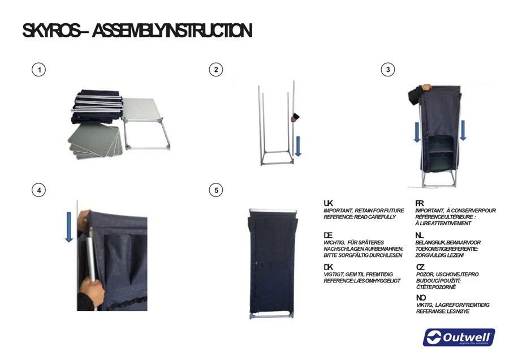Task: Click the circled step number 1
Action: pos(38,70)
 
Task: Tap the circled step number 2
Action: pos(216,70)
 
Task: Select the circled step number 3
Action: pos(388,70)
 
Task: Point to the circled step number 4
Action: pos(38,190)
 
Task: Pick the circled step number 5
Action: pos(216,190)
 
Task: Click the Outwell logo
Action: pos(459,337)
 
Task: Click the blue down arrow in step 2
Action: pos(298,146)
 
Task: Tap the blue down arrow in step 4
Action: pos(69,227)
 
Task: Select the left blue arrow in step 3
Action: pos(417,131)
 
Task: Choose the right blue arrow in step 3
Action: pos(463,130)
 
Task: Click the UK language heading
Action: pos(328,203)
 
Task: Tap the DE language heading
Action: pos(328,235)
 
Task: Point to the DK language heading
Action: pos(328,267)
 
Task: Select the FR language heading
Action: pos(420,203)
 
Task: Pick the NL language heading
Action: pos(420,235)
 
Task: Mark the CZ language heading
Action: pos(420,267)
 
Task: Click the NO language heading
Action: pos(421,298)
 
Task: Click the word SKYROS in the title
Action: pos(51,31)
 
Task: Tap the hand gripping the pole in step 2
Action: pos(295,118)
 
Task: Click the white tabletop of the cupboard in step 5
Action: pos(273,211)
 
